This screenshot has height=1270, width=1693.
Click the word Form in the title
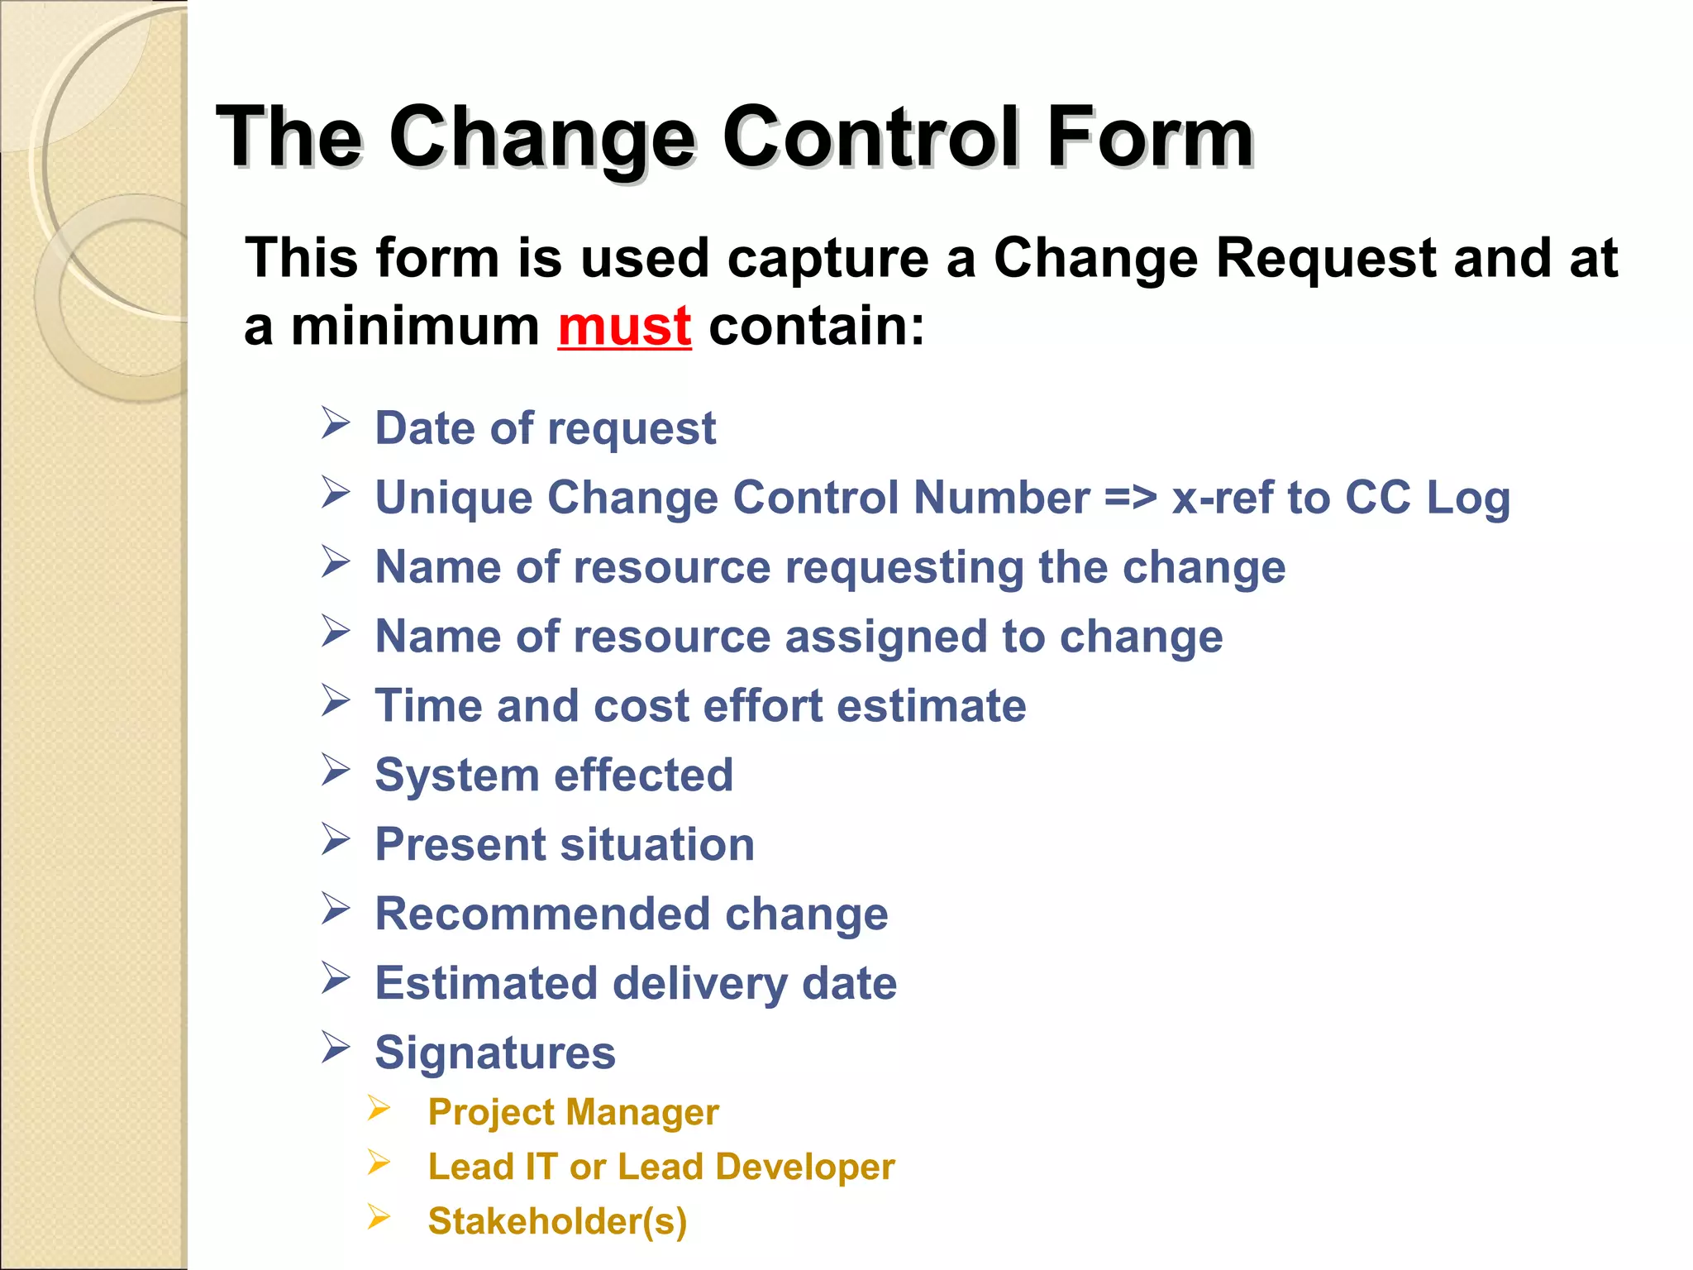tap(1150, 137)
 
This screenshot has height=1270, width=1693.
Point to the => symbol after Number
tap(1130, 498)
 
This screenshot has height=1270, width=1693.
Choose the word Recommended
tap(542, 914)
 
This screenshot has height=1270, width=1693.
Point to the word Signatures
tap(495, 1053)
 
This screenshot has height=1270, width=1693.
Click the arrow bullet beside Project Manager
tap(379, 1108)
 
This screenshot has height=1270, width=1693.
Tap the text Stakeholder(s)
tap(557, 1222)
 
